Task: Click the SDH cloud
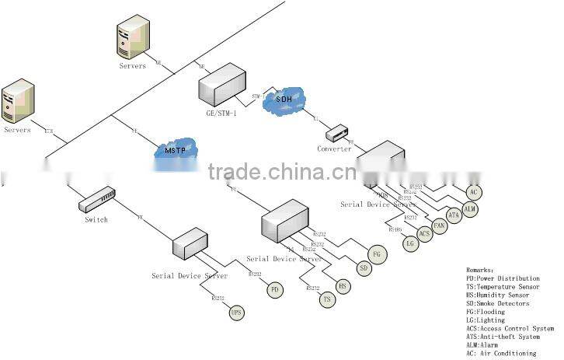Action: [284, 99]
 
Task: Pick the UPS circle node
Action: [237, 313]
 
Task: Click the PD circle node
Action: [273, 289]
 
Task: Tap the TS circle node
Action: [327, 299]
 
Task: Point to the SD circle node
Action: [363, 268]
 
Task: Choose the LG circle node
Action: [411, 243]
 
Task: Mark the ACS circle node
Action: [424, 234]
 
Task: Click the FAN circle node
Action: [440, 225]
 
